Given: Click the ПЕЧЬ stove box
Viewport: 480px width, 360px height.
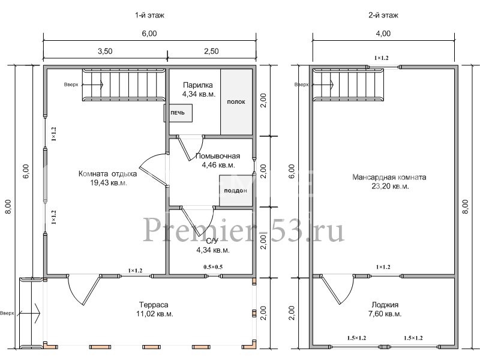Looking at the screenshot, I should coord(178,113).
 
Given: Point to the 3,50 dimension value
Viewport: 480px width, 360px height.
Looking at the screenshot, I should coord(104,52).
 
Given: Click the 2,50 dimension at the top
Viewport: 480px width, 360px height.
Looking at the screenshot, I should coord(212,52).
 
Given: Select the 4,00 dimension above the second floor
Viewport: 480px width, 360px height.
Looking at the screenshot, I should coord(383,34).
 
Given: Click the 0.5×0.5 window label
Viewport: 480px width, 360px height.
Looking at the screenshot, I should coord(213,266).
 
